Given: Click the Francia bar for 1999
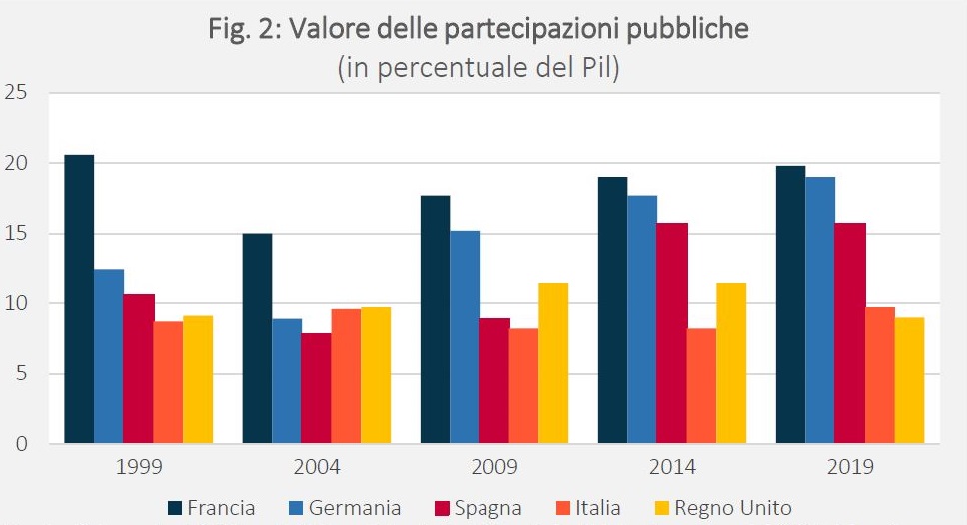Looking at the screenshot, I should tap(79, 299).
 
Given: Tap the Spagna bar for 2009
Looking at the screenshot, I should tap(494, 380).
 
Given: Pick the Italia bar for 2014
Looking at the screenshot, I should tap(702, 386).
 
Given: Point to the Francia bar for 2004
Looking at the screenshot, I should tap(257, 338).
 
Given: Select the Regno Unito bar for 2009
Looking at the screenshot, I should tap(553, 363).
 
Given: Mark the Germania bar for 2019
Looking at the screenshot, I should tap(820, 310).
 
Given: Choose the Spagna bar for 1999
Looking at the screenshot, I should tap(139, 368).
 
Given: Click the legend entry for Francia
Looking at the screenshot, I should tap(210, 508).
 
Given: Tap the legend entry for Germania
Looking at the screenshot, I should tap(342, 508).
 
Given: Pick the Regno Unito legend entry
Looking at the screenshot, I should tap(720, 508).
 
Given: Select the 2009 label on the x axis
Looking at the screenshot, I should tap(494, 466).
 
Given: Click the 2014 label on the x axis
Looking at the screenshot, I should tap(672, 466).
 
